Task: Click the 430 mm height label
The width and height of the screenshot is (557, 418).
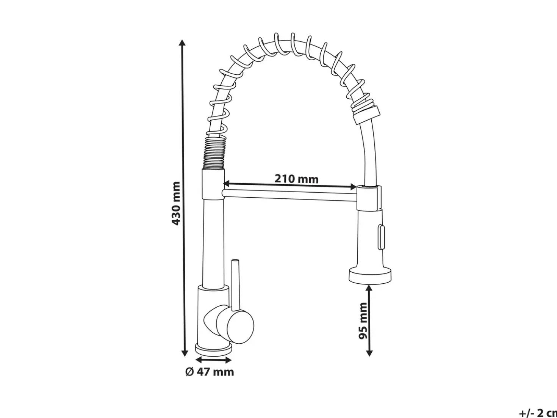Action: click(176, 203)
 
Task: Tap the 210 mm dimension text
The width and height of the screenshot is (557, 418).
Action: click(296, 179)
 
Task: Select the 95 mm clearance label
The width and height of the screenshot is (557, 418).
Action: click(363, 321)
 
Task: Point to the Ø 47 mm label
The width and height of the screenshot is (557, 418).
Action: click(210, 372)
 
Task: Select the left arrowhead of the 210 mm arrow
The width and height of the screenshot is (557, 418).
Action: click(227, 183)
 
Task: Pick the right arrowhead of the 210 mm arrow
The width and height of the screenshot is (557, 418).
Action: click(354, 187)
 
